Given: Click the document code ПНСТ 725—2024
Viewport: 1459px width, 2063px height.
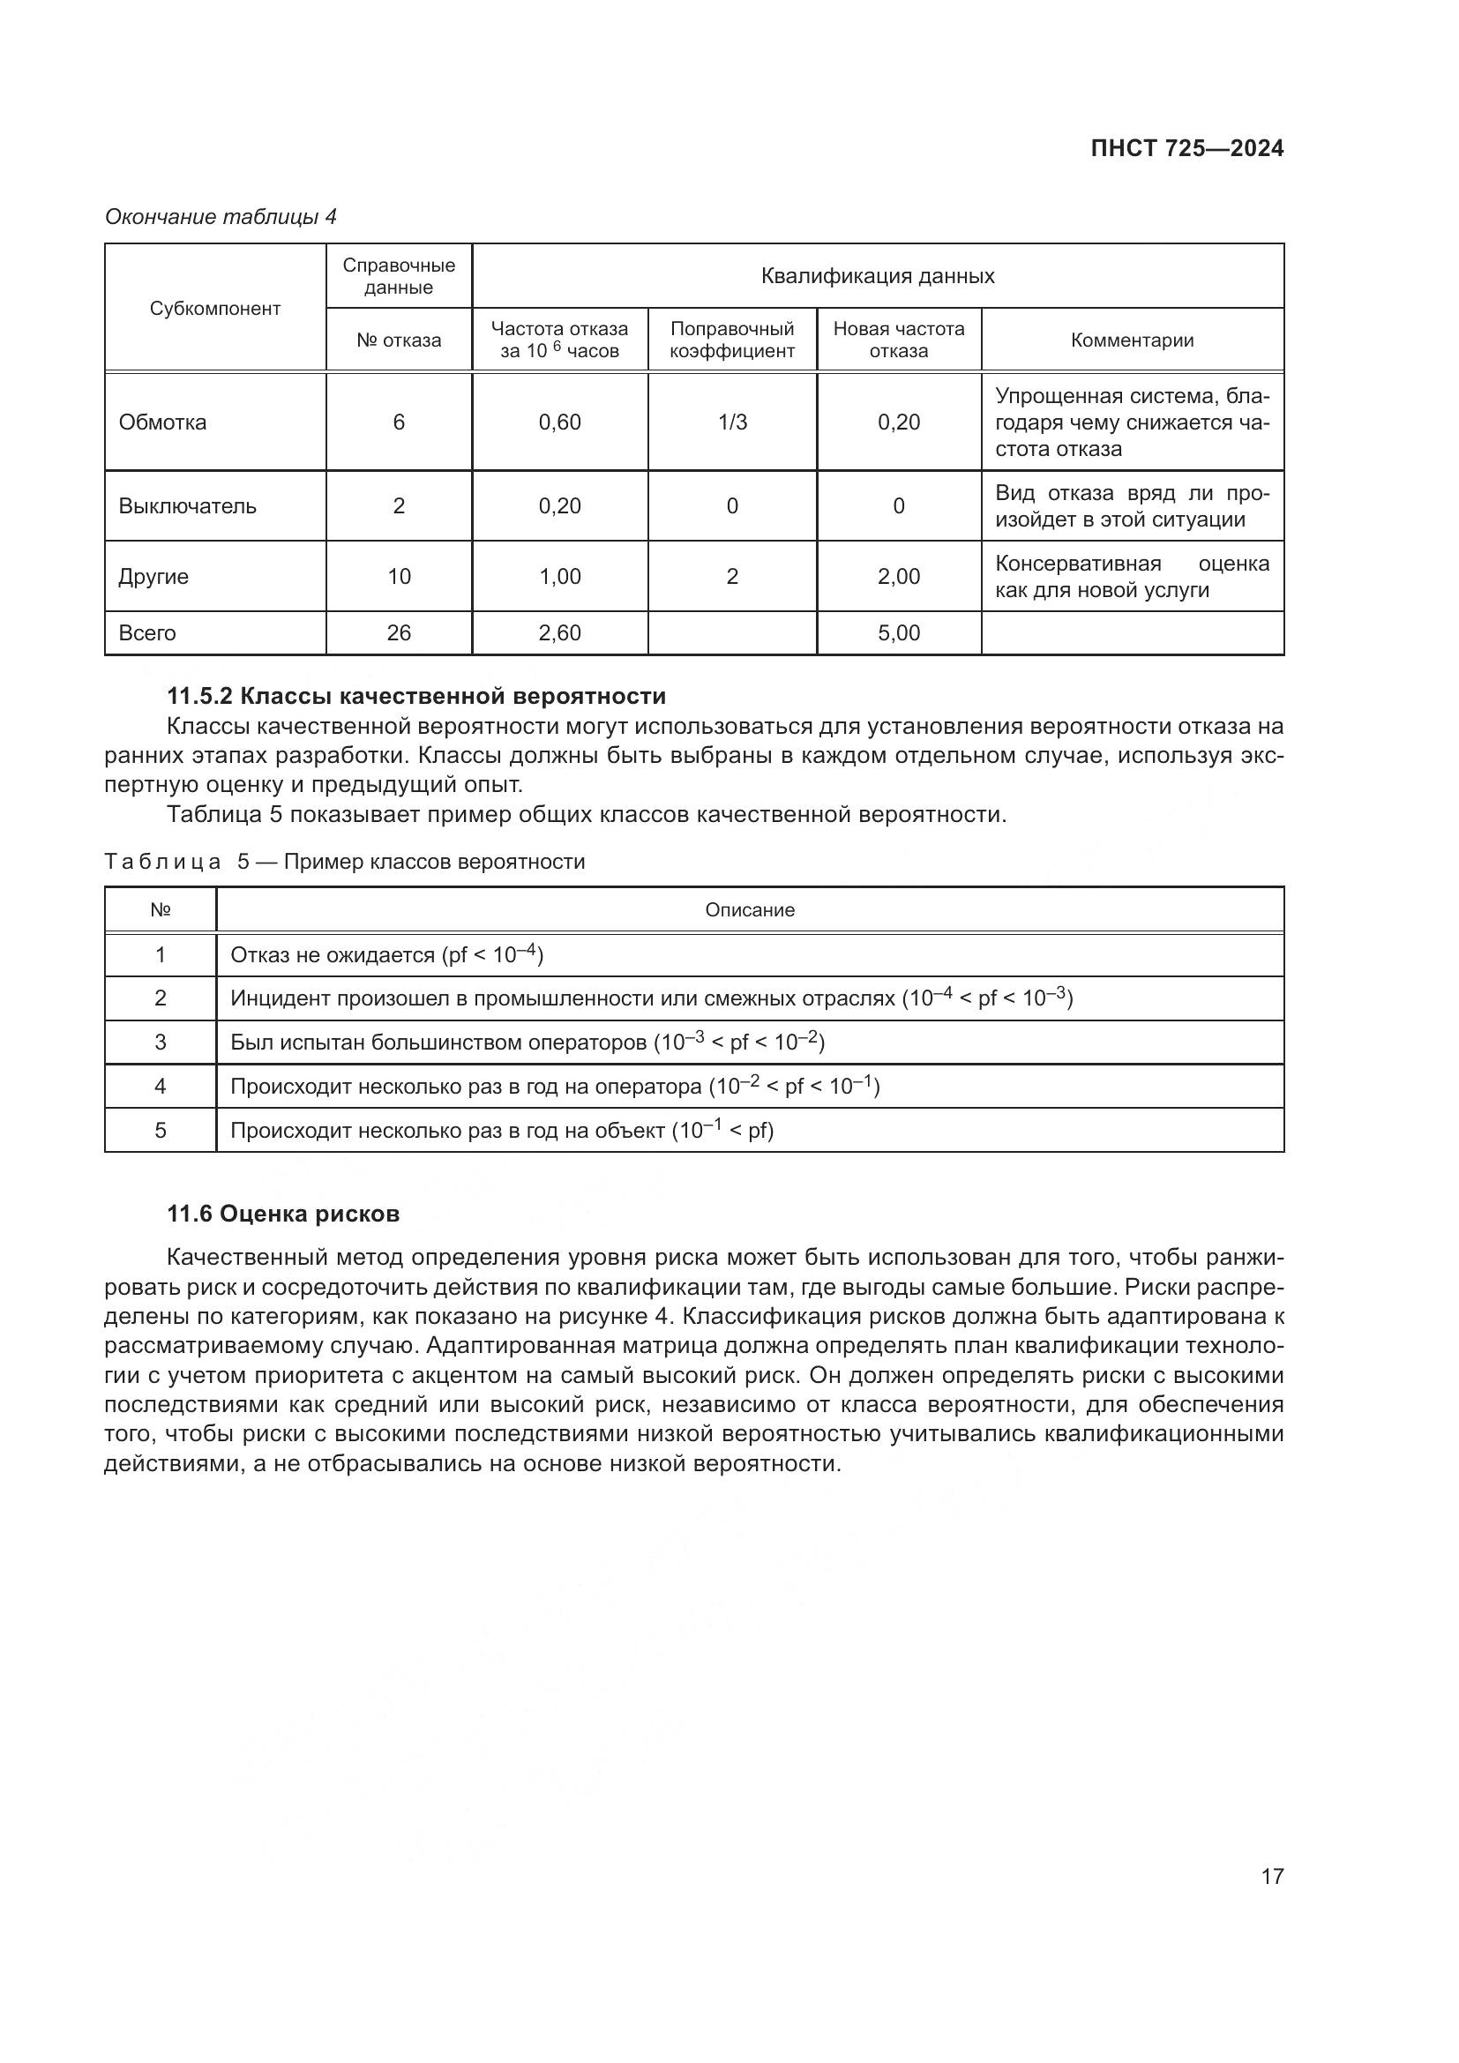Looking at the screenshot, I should click(x=1186, y=149).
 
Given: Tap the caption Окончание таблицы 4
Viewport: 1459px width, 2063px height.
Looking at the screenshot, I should click(x=221, y=218).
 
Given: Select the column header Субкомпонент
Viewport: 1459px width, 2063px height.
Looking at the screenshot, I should click(x=214, y=308).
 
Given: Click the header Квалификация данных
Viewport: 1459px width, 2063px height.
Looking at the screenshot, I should click(x=877, y=276).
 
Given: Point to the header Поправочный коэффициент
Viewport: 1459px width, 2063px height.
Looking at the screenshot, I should click(x=732, y=340).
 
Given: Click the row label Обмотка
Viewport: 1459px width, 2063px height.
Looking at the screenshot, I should click(x=162, y=422).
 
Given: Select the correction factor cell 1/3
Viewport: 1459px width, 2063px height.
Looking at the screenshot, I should click(x=732, y=422).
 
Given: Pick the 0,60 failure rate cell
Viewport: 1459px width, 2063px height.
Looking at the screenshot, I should click(x=560, y=422).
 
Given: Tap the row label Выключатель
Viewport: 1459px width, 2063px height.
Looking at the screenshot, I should click(x=188, y=506).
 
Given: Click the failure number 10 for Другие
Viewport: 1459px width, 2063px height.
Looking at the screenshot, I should click(x=399, y=577).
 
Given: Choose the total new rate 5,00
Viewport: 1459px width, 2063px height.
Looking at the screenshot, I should click(x=898, y=633).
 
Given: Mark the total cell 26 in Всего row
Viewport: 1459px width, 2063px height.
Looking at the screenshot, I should click(x=399, y=633).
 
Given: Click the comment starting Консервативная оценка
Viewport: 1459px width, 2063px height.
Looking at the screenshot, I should click(x=1132, y=577).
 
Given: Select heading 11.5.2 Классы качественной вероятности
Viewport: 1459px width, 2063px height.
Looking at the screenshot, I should click(x=417, y=697).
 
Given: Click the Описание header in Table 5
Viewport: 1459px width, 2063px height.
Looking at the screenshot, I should click(x=749, y=910).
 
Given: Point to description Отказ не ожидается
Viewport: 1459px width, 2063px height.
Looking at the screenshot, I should click(x=386, y=955).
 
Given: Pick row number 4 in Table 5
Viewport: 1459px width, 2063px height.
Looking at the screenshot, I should click(x=161, y=1088).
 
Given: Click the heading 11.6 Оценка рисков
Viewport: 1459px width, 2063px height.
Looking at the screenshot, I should click(x=283, y=1214).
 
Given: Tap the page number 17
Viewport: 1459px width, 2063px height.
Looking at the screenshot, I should click(x=1272, y=1876).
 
